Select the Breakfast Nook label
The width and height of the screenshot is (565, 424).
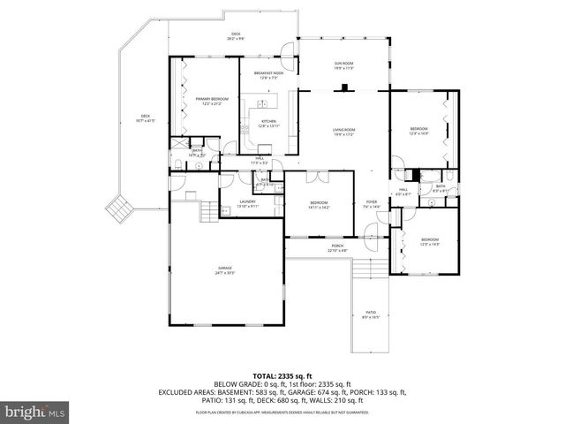click(x=267, y=73)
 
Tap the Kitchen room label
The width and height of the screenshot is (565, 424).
click(x=267, y=124)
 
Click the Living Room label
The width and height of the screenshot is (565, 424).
click(x=343, y=132)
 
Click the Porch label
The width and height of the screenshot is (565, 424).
click(x=337, y=248)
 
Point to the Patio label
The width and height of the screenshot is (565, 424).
click(x=370, y=314)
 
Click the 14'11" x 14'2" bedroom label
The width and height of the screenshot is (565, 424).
click(x=319, y=205)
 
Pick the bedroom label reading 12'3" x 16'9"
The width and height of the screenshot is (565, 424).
click(x=418, y=130)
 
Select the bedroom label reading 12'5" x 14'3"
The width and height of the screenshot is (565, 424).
click(x=429, y=241)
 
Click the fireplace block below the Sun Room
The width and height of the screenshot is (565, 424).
click(x=343, y=87)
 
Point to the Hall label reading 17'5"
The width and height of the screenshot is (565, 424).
click(x=260, y=161)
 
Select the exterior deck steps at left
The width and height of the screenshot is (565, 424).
click(x=119, y=209)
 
